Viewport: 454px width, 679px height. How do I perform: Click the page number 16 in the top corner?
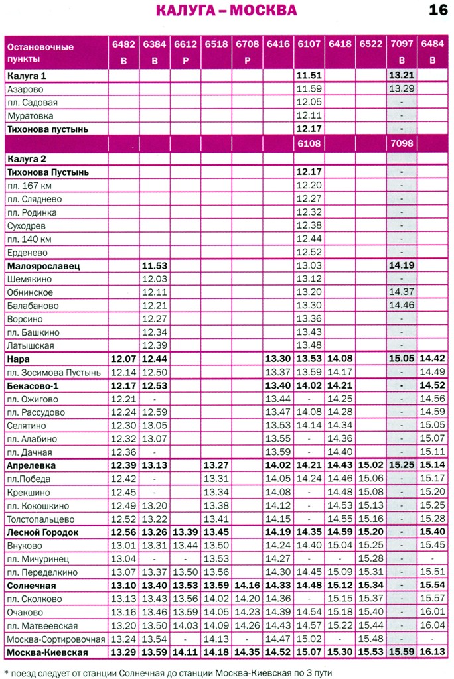[437, 10]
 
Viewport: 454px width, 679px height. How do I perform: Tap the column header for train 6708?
[247, 45]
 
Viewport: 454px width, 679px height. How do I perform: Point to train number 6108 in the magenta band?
[309, 143]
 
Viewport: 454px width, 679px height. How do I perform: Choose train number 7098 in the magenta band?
[402, 143]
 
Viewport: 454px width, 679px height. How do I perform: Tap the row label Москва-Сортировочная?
[56, 639]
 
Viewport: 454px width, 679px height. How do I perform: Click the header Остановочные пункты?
[40, 52]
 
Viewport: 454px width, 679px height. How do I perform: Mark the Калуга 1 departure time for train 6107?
[309, 76]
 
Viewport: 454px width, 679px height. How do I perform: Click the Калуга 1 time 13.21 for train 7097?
[402, 76]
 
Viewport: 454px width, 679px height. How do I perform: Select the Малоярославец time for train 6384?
[154, 266]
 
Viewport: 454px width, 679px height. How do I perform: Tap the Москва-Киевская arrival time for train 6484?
[432, 652]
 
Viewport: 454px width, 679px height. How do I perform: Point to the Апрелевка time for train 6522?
[371, 465]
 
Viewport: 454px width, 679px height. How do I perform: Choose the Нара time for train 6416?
[278, 359]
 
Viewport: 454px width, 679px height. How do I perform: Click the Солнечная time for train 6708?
[247, 586]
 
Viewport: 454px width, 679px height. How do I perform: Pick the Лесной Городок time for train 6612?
[185, 532]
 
